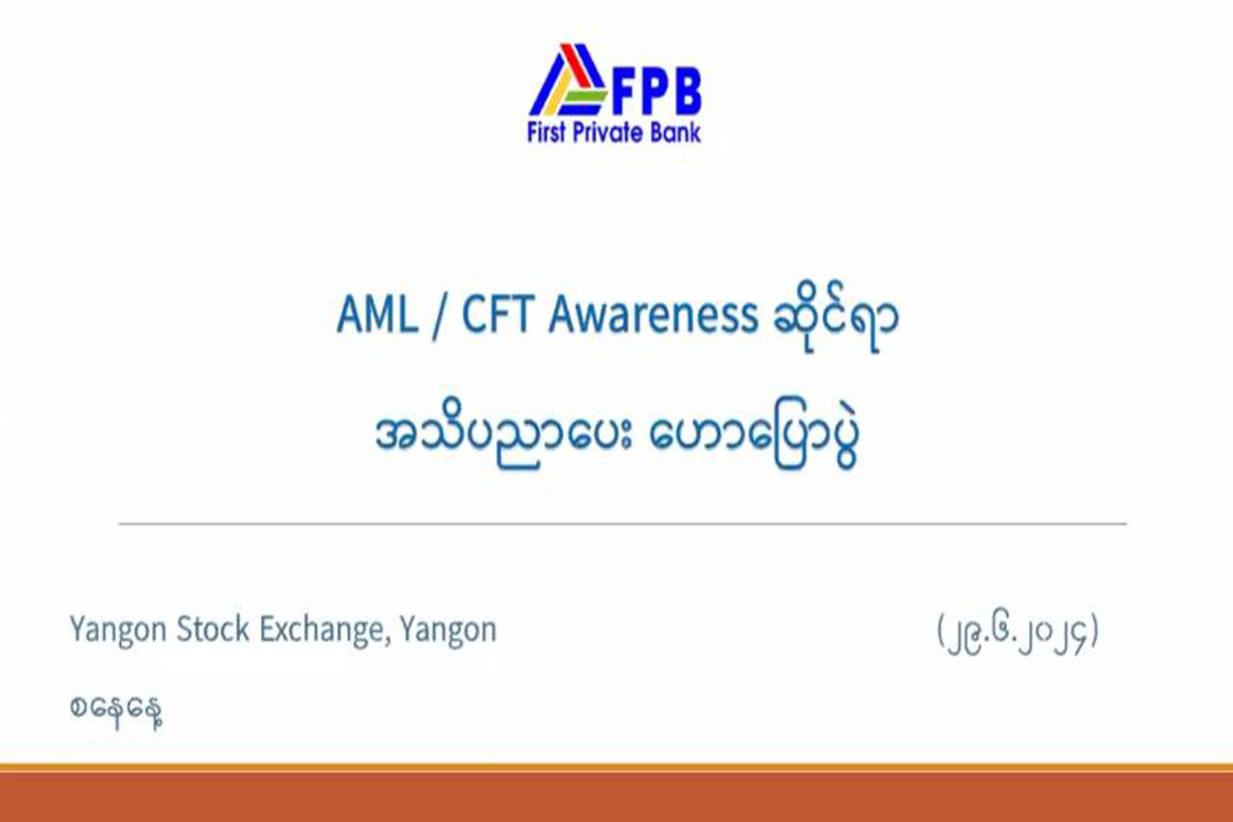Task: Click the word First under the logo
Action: pos(547,132)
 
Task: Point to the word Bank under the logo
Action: pos(675,132)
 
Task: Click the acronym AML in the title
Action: pos(378,315)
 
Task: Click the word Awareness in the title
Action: pos(653,315)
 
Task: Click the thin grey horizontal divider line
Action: pos(623,523)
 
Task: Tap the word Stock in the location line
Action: pos(212,629)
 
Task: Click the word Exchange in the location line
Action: pos(326,631)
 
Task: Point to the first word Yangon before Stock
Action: pos(118,631)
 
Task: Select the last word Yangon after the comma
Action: pos(448,631)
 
